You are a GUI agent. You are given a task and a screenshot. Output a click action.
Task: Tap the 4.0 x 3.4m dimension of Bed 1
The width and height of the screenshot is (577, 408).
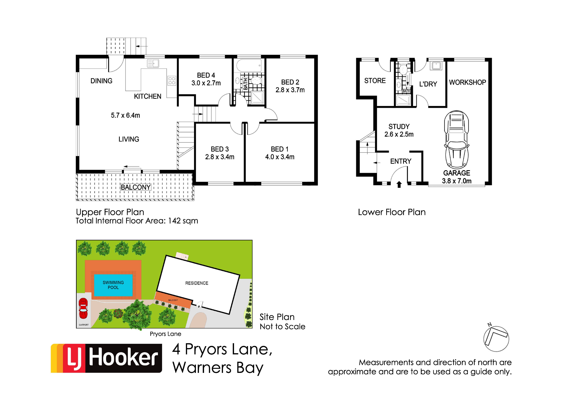pos(280,157)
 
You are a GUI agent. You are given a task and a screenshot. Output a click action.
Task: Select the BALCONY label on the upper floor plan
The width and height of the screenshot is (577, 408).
pos(136,187)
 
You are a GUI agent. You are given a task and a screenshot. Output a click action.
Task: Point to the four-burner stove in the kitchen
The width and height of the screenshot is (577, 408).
pos(172,81)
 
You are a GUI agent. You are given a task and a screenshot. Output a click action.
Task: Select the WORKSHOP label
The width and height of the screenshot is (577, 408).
pos(467,82)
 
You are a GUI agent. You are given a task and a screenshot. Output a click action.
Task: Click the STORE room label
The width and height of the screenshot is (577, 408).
pos(375,81)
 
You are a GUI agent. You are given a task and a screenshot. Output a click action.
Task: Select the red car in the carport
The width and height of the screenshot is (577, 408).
pos(83,308)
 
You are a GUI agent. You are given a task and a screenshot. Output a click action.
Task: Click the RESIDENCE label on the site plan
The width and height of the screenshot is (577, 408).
pos(197,283)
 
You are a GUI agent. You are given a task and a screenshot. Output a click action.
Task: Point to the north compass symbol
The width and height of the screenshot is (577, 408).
pos(496,338)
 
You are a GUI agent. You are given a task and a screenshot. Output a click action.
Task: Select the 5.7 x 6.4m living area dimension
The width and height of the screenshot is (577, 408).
pos(125,115)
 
